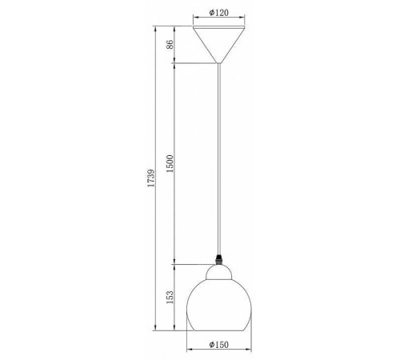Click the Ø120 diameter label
218,13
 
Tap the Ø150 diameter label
218,345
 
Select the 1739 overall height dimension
151,178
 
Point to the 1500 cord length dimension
170,163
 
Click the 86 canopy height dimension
170,44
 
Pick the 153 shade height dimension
170,297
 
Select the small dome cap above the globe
218,272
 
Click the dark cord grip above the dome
219,259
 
